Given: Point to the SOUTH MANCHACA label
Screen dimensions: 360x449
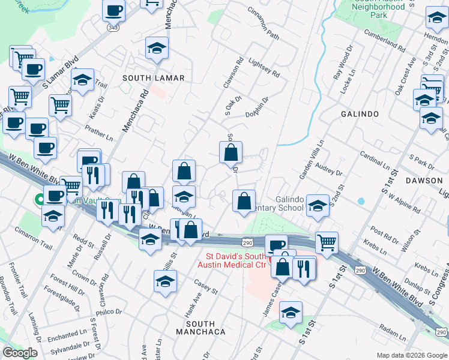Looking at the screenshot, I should [201, 331].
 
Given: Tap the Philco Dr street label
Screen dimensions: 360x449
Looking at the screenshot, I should [125, 311].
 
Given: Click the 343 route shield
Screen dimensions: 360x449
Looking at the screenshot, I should [112, 28].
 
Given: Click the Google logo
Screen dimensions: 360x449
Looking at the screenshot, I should [20, 353].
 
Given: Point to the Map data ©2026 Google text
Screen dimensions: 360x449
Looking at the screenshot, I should [411, 355].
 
